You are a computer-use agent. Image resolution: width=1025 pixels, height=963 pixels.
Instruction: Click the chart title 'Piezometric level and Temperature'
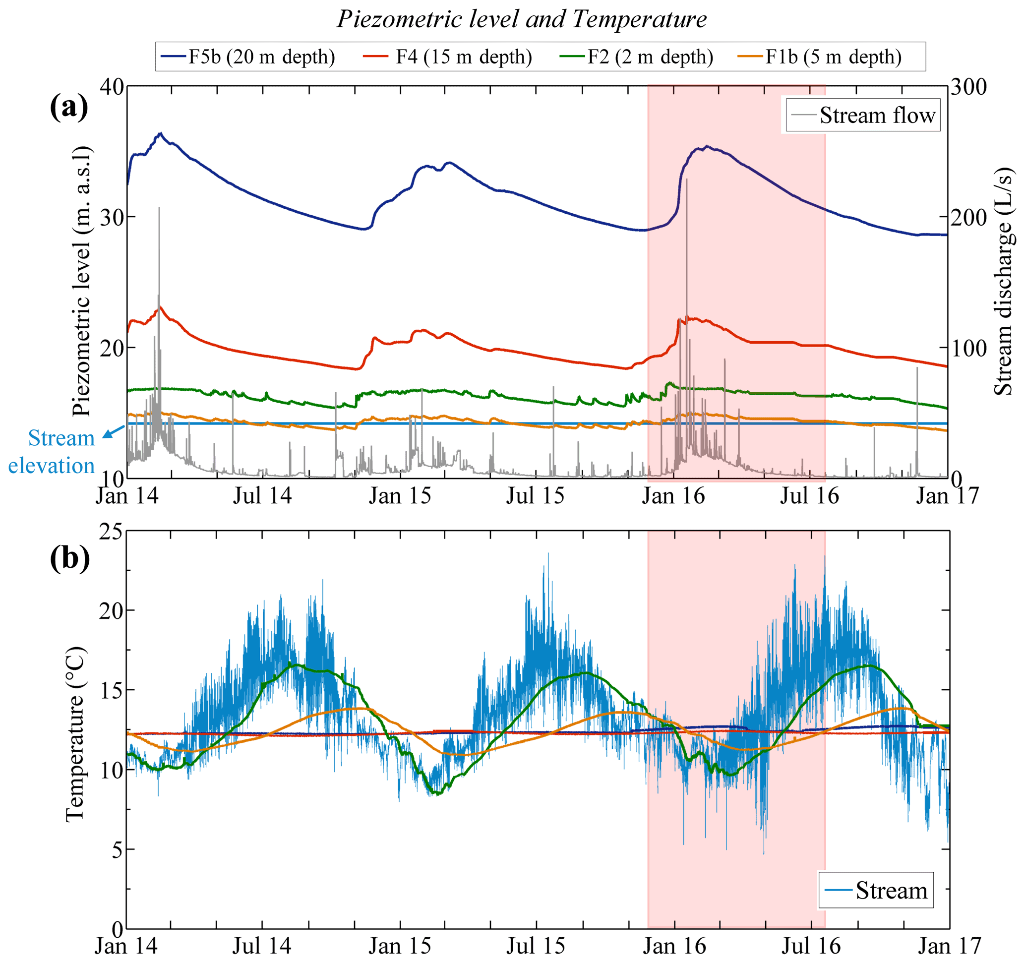click(522, 20)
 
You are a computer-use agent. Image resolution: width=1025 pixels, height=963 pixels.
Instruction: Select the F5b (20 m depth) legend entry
click(248, 57)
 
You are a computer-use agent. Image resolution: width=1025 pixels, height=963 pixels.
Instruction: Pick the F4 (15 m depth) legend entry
click(447, 57)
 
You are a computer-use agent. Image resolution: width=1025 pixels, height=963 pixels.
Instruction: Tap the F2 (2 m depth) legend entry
click(637, 57)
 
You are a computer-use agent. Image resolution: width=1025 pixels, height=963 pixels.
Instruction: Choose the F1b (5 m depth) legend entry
click(820, 57)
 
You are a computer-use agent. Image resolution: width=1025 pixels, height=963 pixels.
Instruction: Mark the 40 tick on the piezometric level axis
click(112, 87)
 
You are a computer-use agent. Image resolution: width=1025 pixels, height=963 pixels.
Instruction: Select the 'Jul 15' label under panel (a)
click(535, 496)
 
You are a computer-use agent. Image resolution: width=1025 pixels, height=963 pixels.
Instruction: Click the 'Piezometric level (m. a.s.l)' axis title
click(81, 281)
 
